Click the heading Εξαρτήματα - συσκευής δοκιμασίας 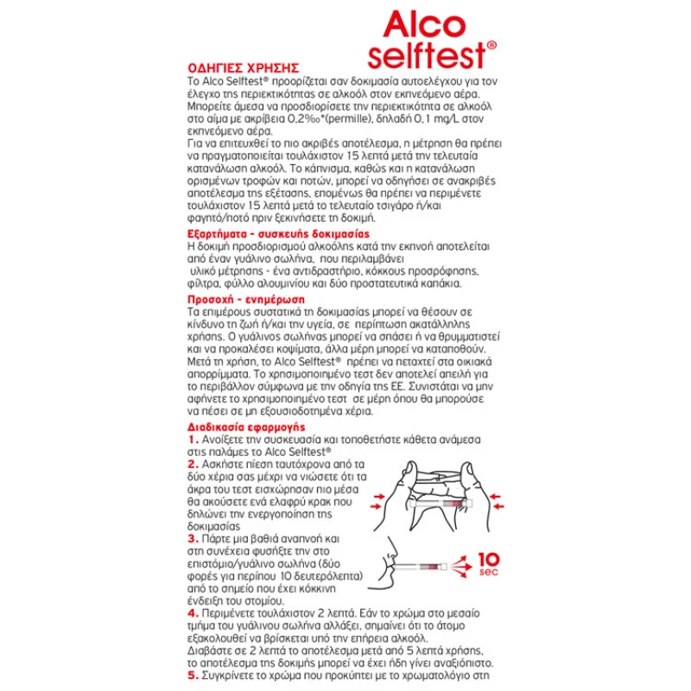(279, 233)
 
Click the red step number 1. (192, 439)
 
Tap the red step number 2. (192, 464)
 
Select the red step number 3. (192, 537)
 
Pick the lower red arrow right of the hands (498, 513)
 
